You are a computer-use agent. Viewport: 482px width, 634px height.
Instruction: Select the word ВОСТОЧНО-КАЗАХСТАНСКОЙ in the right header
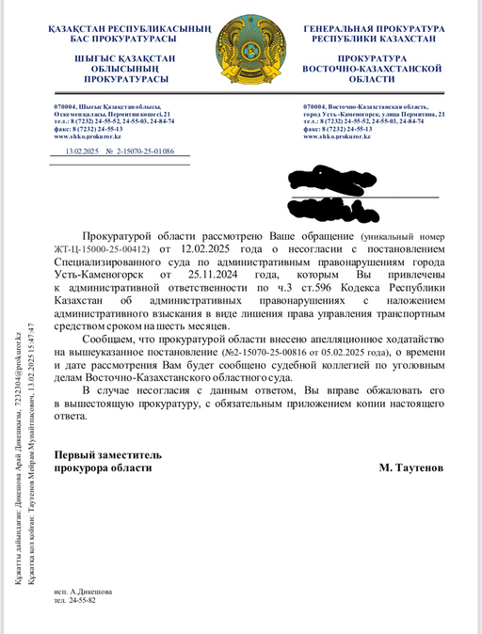tap(373, 70)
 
